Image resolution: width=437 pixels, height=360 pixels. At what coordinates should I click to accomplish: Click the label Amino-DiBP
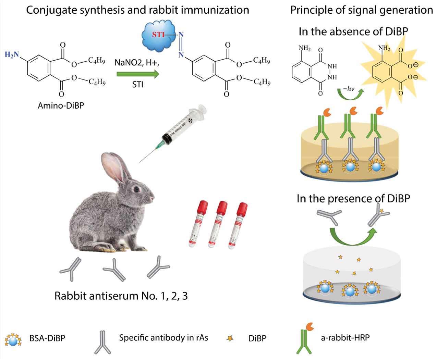point(61,105)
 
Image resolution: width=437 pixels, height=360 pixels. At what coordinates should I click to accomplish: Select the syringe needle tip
point(140,162)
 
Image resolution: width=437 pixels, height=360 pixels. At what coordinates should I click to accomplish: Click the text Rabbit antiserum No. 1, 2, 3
point(121,296)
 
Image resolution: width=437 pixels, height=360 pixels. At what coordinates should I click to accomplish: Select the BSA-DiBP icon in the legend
point(13,339)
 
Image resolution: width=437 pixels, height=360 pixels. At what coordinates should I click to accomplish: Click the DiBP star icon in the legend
point(230,338)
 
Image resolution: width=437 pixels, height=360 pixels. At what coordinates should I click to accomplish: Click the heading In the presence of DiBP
point(353,199)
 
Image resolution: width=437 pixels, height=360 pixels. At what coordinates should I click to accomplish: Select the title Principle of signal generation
point(362,10)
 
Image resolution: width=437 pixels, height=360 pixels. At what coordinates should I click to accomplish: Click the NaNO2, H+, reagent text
point(137,63)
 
